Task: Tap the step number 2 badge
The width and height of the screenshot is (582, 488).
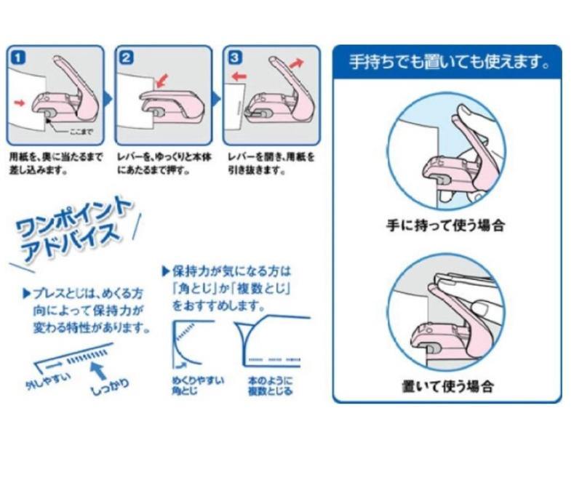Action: [x=125, y=57]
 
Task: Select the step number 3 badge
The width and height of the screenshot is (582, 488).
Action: [x=234, y=56]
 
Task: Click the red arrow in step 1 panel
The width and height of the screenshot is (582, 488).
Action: [x=20, y=103]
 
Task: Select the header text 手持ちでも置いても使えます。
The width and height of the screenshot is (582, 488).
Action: [x=447, y=63]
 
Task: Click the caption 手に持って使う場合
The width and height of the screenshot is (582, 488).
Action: [x=445, y=225]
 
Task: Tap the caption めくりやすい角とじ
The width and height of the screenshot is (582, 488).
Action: [x=191, y=385]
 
